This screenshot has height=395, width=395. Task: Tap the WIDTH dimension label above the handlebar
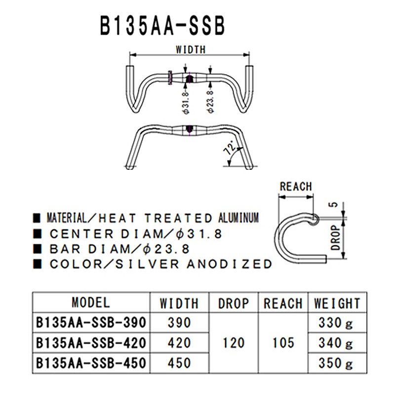click(x=190, y=49)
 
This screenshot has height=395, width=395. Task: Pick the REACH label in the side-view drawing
click(x=296, y=187)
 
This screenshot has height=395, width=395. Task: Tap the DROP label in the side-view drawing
click(x=336, y=237)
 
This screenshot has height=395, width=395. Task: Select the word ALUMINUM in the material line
click(x=238, y=218)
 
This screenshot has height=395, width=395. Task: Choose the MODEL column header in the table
click(x=91, y=302)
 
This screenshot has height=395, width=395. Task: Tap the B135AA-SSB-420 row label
click(x=91, y=342)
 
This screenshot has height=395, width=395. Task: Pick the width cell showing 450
click(x=179, y=363)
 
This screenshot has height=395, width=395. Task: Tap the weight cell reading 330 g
click(x=336, y=323)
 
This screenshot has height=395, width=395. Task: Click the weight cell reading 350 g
click(x=336, y=363)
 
